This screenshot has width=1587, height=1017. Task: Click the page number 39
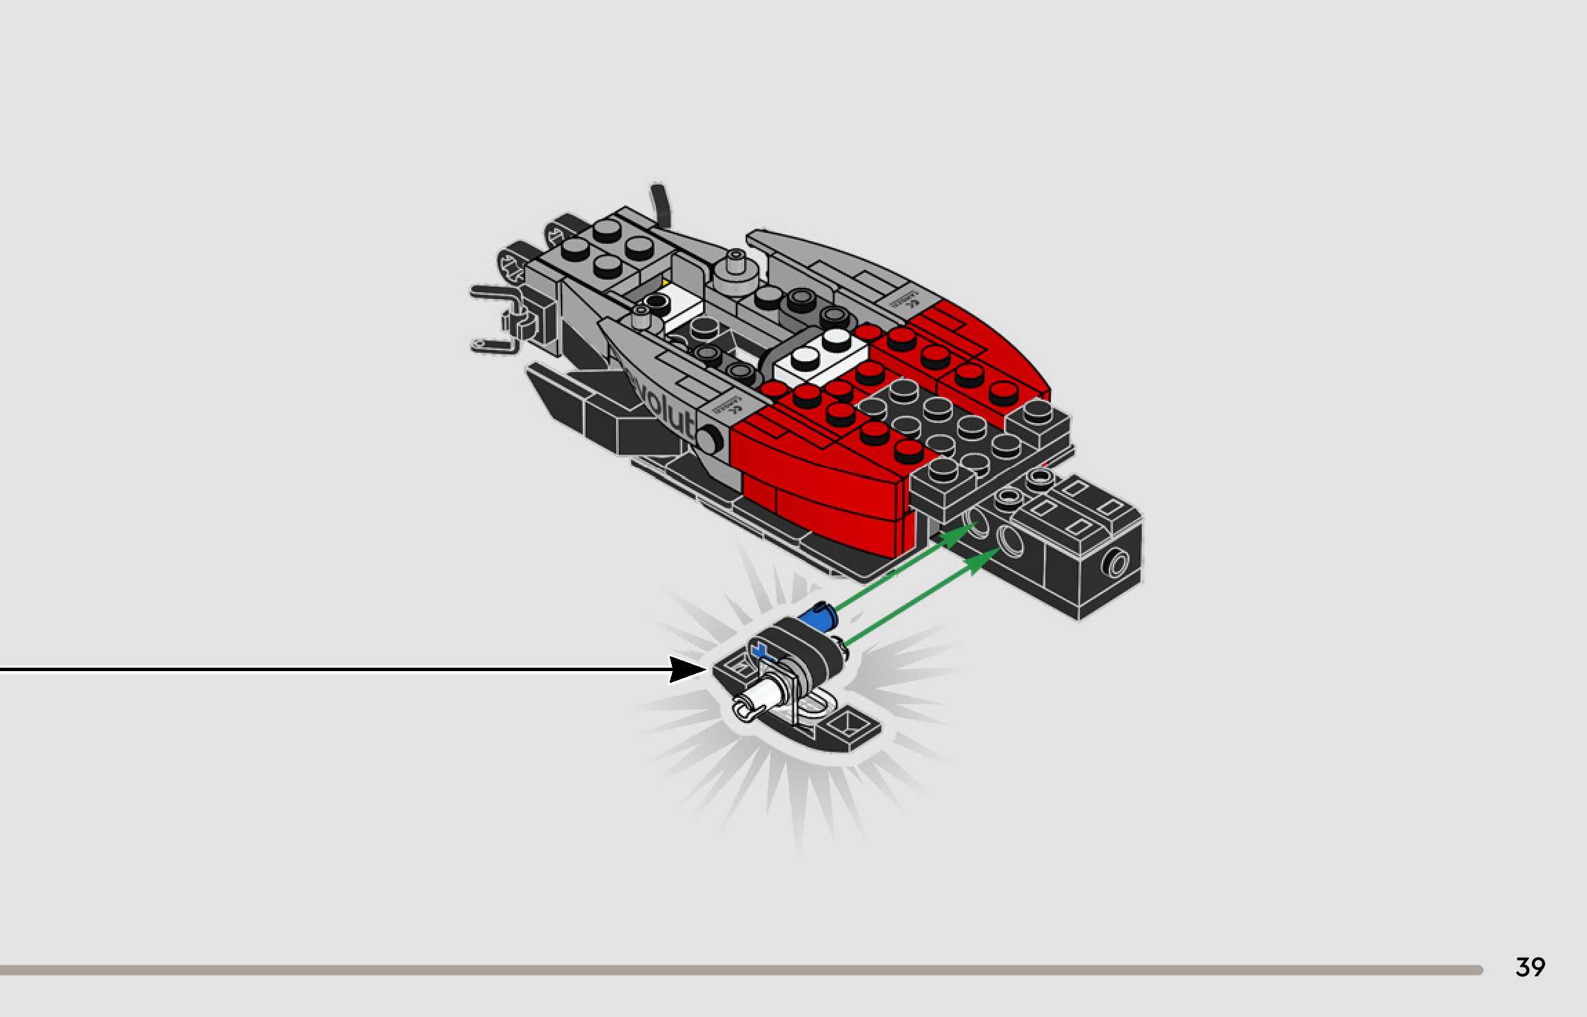1530,967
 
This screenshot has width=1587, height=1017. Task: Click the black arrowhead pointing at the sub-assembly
687,669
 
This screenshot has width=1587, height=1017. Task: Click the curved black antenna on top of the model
659,203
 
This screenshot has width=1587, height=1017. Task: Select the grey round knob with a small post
735,272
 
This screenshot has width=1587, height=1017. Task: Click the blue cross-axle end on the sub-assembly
760,650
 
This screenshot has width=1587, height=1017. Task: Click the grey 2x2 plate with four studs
606,248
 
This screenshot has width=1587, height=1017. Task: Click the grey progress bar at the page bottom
741,970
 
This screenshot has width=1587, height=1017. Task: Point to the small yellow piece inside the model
665,282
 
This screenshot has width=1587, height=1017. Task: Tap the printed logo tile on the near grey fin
728,406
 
